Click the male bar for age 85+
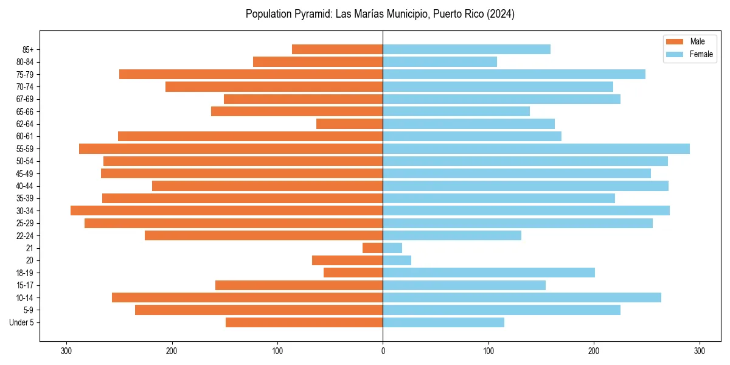tap(338, 49)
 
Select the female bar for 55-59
tap(536, 148)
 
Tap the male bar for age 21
tap(373, 248)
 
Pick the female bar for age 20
tap(397, 260)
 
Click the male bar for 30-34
tap(227, 210)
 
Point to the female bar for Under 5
tap(443, 322)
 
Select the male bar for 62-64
tap(350, 123)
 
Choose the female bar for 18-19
tap(488, 273)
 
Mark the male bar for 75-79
tap(251, 74)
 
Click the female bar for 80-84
tap(440, 61)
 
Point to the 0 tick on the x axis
tap(383, 351)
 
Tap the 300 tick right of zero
tap(699, 351)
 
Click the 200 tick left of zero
tap(172, 351)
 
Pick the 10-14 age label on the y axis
tap(25, 297)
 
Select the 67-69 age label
tap(25, 99)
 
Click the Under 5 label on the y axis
tap(22, 322)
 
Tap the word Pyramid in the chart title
tap(311, 14)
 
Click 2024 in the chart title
tap(502, 14)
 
